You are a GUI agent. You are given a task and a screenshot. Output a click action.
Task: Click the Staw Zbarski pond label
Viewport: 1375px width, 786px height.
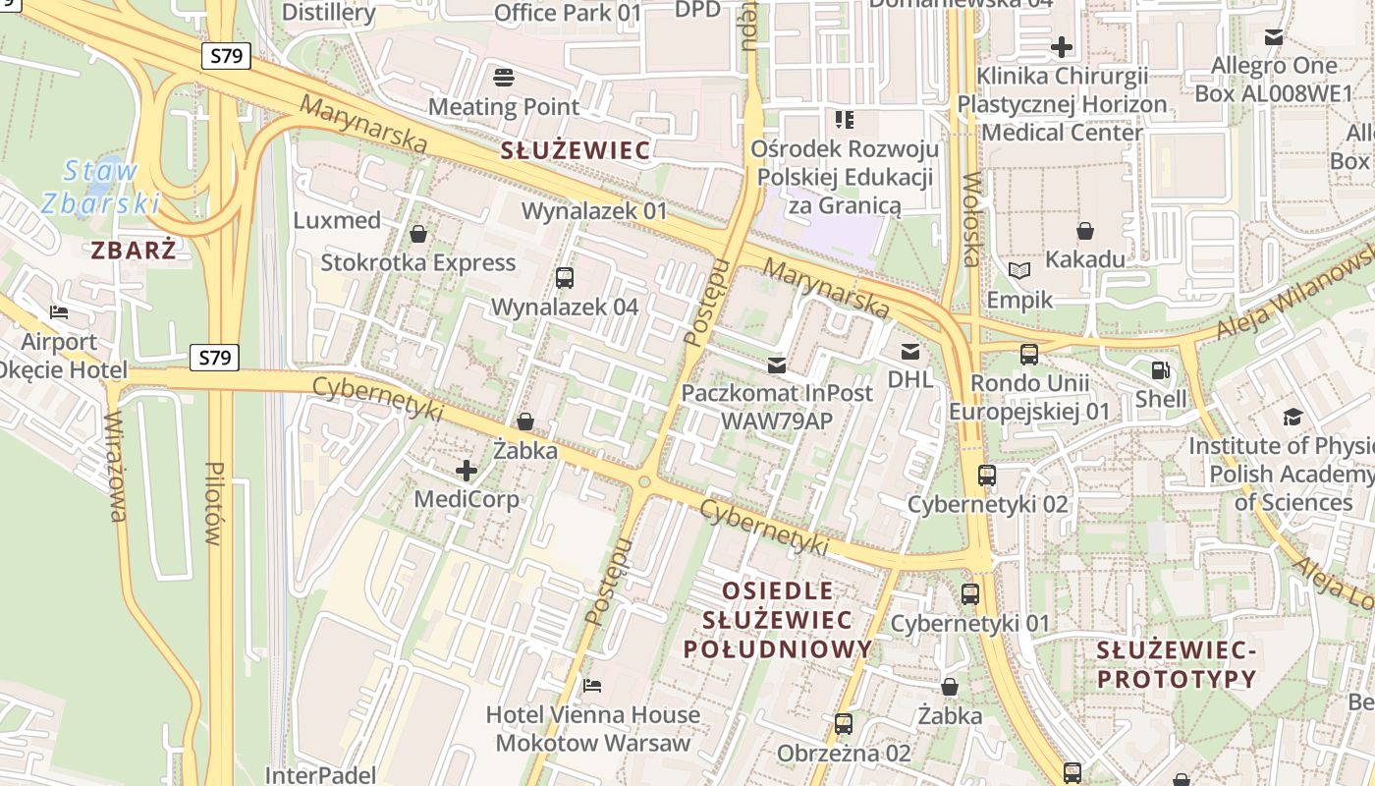click(x=101, y=187)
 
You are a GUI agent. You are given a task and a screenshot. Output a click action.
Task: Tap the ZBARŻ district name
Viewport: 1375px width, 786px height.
click(x=134, y=251)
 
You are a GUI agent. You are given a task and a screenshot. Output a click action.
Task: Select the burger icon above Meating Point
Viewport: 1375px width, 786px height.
click(x=504, y=78)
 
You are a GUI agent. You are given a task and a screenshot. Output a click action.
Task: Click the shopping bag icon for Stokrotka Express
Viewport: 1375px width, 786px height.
click(x=418, y=234)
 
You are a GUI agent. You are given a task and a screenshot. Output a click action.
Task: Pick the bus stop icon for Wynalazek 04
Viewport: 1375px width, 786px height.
click(x=565, y=278)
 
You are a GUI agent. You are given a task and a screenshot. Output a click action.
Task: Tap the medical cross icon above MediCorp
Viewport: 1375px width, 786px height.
click(x=467, y=471)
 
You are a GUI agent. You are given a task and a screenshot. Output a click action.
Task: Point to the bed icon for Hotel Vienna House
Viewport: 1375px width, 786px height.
click(x=592, y=685)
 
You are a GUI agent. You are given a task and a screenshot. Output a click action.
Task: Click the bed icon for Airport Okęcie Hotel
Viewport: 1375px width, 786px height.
click(x=59, y=313)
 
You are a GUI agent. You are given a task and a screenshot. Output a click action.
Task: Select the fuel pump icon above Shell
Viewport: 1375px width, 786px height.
click(x=1160, y=370)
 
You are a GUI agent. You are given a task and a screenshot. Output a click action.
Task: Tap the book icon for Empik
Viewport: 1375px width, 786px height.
click(x=1019, y=270)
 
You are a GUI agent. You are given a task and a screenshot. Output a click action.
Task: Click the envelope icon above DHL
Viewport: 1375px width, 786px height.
click(x=910, y=351)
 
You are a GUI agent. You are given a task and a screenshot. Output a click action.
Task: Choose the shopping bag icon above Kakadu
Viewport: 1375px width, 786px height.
click(x=1085, y=231)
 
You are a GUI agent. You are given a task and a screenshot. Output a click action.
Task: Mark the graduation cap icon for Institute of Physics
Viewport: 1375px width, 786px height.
click(x=1292, y=418)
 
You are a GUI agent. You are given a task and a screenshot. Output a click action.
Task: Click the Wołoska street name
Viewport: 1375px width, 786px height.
click(x=971, y=220)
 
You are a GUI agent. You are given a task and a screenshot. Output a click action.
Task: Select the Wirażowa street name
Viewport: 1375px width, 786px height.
click(x=116, y=467)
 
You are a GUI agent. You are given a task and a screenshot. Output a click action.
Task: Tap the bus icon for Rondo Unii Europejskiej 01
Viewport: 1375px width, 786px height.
click(x=1029, y=355)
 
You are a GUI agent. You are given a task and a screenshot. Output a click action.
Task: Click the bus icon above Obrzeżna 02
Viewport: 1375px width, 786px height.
click(x=844, y=725)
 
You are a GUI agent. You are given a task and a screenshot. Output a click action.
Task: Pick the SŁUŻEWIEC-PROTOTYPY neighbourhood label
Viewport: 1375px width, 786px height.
click(x=1177, y=664)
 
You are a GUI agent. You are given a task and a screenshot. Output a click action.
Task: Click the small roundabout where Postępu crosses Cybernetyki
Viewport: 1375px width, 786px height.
click(x=644, y=482)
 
